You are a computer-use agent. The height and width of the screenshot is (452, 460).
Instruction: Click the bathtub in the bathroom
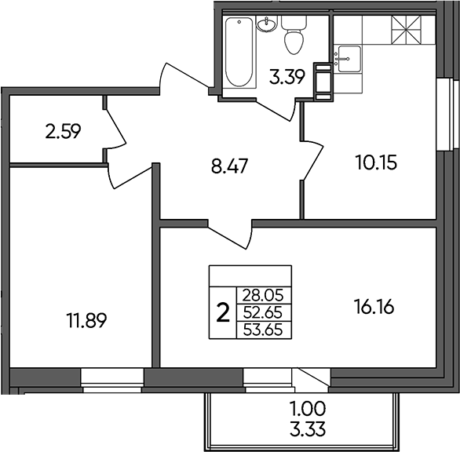click(x=239, y=52)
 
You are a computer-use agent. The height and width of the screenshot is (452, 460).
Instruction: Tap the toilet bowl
click(x=294, y=35)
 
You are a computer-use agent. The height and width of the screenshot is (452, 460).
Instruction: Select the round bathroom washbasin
click(x=266, y=24)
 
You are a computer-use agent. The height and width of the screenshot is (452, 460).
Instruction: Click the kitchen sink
click(x=349, y=59)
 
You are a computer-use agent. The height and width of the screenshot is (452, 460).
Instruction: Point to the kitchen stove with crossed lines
click(x=407, y=30)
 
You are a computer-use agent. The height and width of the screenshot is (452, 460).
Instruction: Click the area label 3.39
click(x=287, y=77)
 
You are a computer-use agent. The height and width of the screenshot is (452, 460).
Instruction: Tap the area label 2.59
click(x=63, y=131)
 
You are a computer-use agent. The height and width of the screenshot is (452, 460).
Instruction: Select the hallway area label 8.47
click(x=230, y=166)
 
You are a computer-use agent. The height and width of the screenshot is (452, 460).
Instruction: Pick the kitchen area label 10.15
click(x=376, y=162)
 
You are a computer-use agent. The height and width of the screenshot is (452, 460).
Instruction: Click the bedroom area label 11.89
click(x=86, y=320)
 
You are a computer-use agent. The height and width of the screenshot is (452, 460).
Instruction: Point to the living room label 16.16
click(x=374, y=307)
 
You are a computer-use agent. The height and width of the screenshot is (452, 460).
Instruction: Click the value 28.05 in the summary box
click(x=263, y=295)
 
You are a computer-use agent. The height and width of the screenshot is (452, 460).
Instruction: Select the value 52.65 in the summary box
click(x=263, y=312)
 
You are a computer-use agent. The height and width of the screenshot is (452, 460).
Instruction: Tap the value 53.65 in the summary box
click(x=263, y=330)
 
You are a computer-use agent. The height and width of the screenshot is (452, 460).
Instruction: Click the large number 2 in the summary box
click(x=223, y=312)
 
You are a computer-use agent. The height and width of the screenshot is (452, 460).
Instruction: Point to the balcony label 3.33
click(x=308, y=430)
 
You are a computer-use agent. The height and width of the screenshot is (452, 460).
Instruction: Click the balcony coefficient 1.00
click(x=308, y=409)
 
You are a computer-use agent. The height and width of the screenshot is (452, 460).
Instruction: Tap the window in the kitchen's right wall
click(x=447, y=115)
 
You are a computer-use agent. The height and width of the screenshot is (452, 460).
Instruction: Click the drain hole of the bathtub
click(x=239, y=22)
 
